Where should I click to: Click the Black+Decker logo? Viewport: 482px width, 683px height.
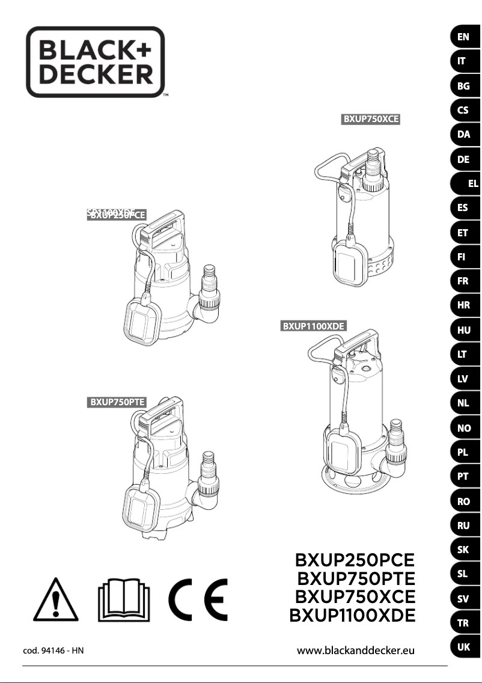[x=96, y=62]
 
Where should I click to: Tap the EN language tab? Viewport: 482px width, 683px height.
[x=463, y=37]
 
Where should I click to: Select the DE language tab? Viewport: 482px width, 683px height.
[x=463, y=159]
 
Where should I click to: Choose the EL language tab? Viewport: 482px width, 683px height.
[x=472, y=184]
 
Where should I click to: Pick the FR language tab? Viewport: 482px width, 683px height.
[x=463, y=281]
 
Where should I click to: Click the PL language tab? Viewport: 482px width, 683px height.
[x=463, y=453]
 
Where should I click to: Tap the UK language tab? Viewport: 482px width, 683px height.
[x=463, y=647]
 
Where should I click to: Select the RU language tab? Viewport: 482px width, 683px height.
[x=463, y=525]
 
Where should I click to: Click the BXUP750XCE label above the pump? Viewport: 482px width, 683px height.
[x=371, y=119]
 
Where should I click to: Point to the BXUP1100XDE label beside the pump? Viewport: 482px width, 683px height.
[x=314, y=326]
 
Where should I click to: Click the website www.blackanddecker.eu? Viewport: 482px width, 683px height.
[x=356, y=650]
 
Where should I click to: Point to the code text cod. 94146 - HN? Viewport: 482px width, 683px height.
[x=53, y=651]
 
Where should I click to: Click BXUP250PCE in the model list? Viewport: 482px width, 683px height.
[x=355, y=560]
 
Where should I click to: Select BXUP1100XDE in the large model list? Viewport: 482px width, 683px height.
[x=352, y=616]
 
